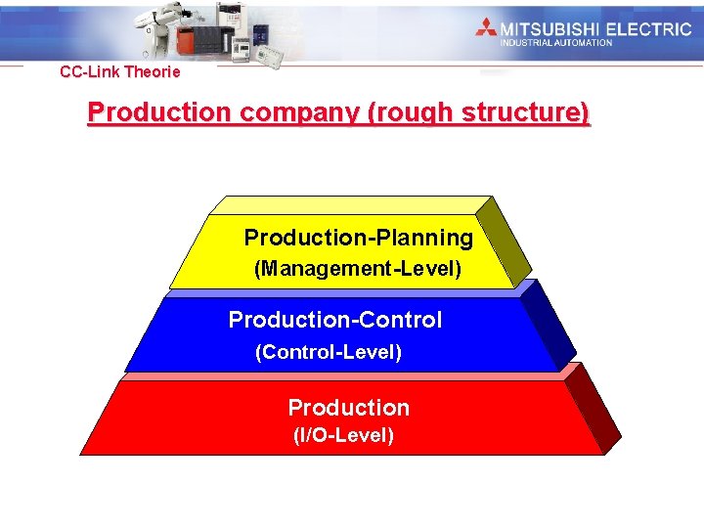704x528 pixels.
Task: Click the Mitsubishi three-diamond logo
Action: click(x=486, y=28)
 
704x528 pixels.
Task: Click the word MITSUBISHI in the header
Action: click(x=550, y=28)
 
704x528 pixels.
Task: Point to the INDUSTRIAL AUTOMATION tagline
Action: click(x=555, y=43)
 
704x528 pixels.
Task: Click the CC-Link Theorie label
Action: click(x=119, y=71)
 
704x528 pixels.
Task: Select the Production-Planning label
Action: click(x=358, y=238)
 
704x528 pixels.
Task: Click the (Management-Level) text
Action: click(x=358, y=268)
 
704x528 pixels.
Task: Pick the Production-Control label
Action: click(x=334, y=320)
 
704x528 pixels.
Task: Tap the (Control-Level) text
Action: click(x=329, y=352)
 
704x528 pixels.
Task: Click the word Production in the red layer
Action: click(x=348, y=408)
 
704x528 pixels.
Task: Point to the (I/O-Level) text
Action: click(x=343, y=436)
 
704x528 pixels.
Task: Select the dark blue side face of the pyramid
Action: click(x=548, y=328)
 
